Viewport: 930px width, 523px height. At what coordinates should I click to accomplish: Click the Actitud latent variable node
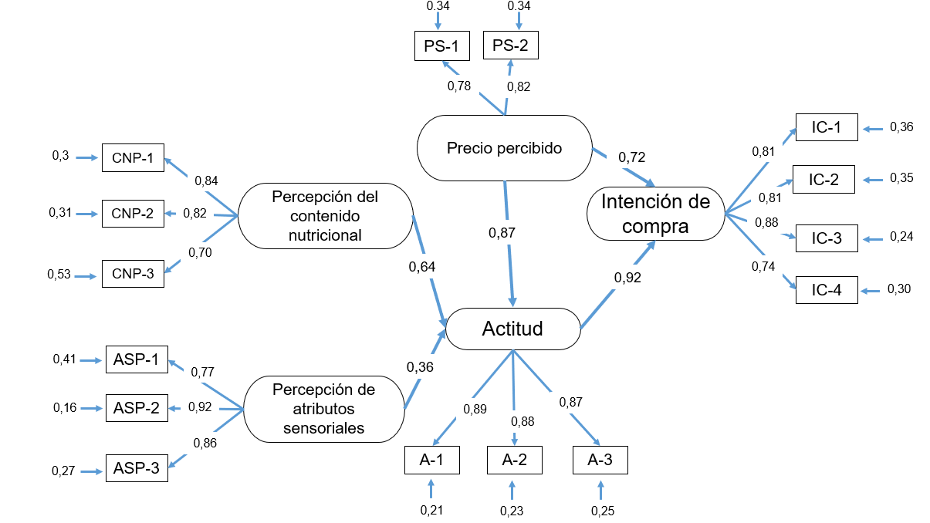[x=512, y=329]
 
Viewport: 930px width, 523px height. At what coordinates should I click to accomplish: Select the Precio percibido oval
[x=504, y=147]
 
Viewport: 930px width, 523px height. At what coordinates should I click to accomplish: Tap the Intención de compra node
[x=655, y=214]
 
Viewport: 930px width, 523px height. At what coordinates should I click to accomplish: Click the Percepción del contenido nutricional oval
[x=325, y=216]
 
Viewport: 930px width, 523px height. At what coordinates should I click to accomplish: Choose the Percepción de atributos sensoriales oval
[x=323, y=409]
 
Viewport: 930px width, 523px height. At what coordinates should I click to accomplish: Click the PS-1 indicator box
[x=441, y=47]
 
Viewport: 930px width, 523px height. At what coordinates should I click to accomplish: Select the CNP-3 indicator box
[x=133, y=274]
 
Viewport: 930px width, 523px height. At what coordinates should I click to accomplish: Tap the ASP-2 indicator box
[x=137, y=407]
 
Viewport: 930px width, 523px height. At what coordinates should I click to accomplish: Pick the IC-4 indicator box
[x=826, y=291]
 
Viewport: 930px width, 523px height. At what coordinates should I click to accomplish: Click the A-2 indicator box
[x=514, y=460]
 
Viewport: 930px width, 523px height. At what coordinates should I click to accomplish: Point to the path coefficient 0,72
[x=632, y=157]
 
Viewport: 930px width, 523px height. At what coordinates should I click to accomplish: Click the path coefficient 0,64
[x=422, y=267]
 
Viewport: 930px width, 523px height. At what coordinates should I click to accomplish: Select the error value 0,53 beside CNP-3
[x=59, y=274]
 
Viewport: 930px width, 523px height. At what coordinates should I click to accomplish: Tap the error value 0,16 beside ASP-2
[x=64, y=407]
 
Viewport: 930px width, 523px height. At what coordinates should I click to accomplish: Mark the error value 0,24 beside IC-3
[x=901, y=237]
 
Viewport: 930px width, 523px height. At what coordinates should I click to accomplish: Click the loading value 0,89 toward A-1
[x=475, y=409]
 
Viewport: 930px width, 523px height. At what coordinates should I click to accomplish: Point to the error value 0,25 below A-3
[x=602, y=510]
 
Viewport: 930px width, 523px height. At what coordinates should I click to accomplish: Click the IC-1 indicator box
[x=826, y=127]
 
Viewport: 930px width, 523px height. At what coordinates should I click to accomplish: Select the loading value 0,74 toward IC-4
[x=763, y=266]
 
